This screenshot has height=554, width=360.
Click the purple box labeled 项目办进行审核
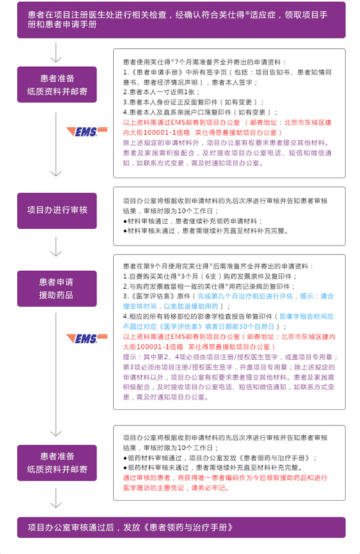pos(57,211)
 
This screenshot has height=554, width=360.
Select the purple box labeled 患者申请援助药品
pos(57,288)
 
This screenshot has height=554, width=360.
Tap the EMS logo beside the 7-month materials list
pos(87,132)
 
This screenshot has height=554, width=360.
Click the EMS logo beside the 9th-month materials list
pos(87,338)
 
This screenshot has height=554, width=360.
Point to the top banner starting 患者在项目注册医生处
pos(181,20)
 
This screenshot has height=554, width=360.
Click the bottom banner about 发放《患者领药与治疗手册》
pos(181,527)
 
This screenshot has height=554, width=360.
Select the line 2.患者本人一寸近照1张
pos(161,92)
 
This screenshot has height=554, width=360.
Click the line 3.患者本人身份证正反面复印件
pos(194,103)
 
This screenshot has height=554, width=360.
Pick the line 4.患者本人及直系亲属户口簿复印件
pos(200,113)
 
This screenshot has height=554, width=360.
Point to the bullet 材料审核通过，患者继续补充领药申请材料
pos(193,221)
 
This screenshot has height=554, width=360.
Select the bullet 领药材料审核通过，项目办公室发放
pos(220,458)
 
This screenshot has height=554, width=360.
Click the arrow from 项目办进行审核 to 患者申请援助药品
pos(56,247)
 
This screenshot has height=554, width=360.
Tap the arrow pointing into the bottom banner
pos(56,498)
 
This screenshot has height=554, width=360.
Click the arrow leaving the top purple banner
pos(56,53)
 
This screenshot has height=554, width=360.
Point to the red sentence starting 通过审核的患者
pos(225,483)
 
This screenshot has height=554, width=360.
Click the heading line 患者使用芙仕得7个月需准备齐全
pos(204,62)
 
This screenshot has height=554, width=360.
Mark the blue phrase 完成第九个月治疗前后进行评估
pos(245,296)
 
